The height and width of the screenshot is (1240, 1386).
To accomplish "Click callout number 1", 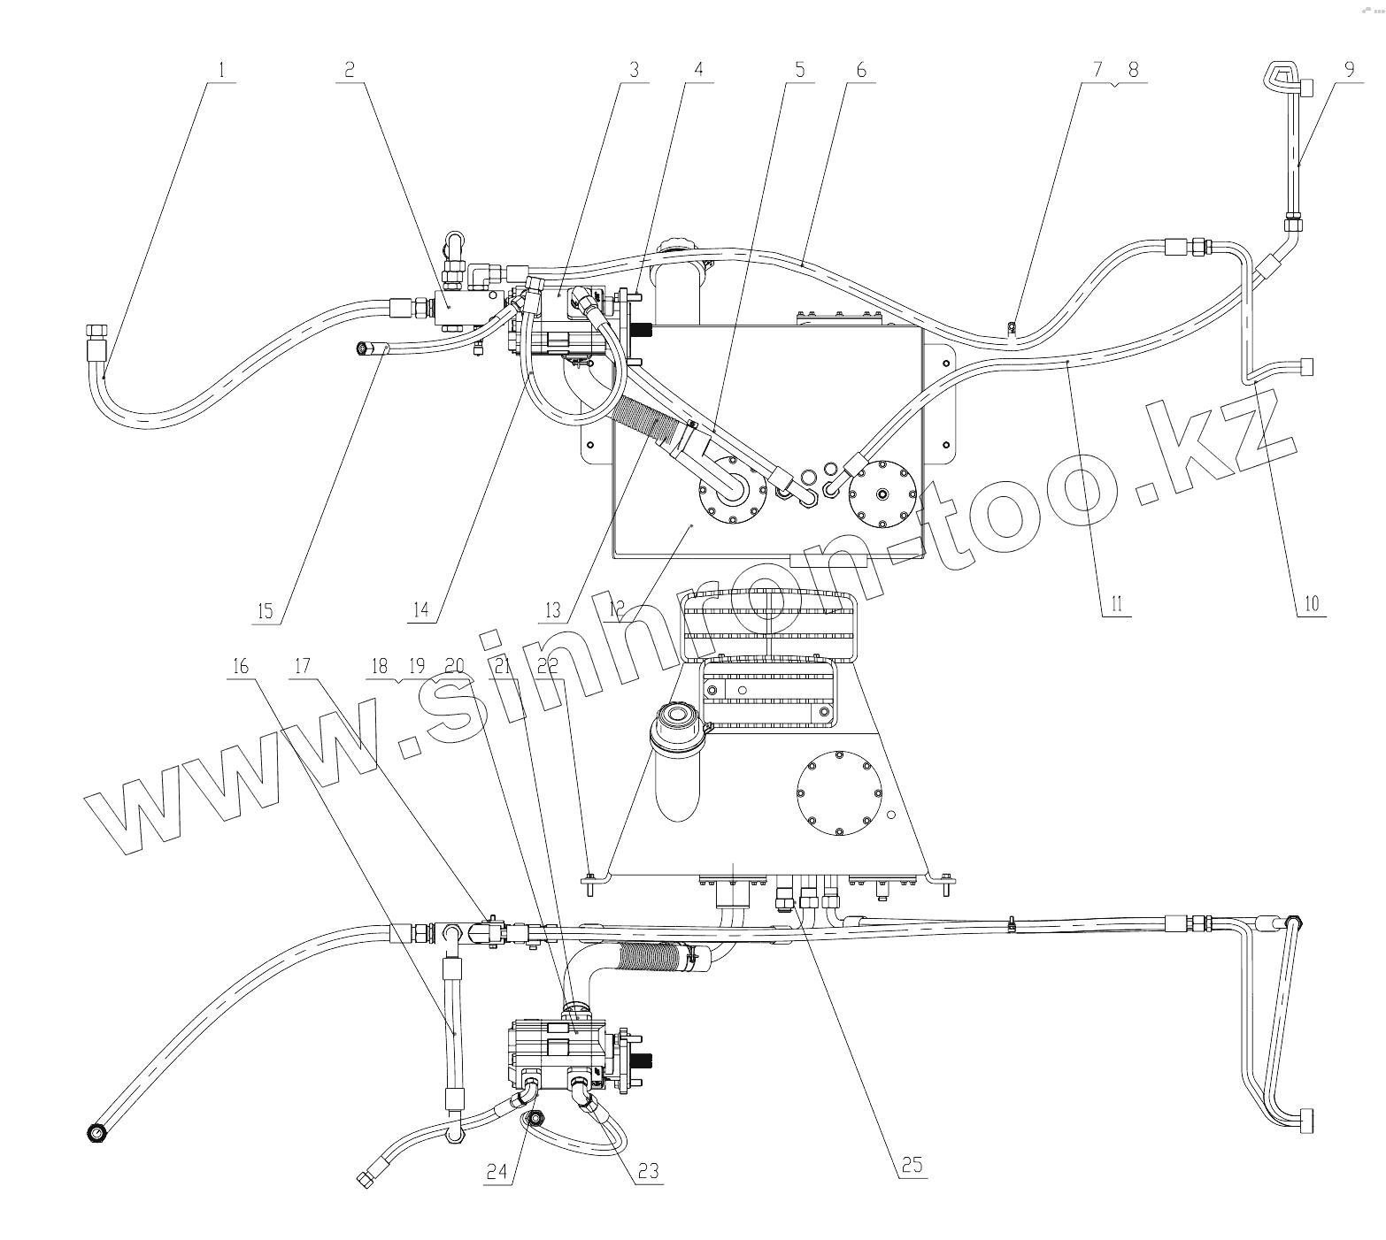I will click(221, 69).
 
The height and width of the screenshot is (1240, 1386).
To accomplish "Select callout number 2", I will click(350, 69).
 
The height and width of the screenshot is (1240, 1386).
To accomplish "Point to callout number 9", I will click(1349, 70).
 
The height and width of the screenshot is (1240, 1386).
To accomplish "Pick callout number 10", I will click(1311, 604).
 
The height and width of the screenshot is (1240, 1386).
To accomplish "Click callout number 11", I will click(1116, 604).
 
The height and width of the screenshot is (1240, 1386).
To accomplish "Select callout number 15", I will click(266, 611).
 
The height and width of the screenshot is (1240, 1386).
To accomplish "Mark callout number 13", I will click(553, 609).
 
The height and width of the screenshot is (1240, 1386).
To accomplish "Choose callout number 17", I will click(303, 666).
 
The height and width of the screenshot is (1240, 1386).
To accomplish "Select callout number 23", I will click(649, 1171).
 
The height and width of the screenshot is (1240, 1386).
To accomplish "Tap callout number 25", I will click(912, 1166).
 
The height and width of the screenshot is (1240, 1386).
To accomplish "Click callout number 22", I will click(549, 666).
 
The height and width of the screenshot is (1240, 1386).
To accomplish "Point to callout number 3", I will click(634, 70).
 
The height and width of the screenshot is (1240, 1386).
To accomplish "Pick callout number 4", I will click(698, 70).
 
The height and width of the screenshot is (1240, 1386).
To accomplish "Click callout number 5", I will click(800, 70).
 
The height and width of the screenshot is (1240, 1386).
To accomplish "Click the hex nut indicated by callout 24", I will click(535, 1120).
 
